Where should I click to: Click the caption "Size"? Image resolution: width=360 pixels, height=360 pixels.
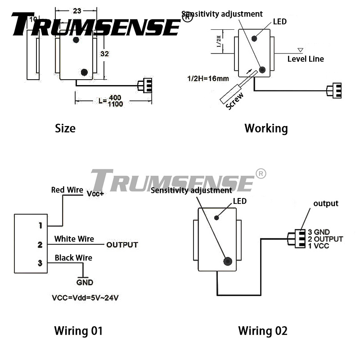(x=65, y=128)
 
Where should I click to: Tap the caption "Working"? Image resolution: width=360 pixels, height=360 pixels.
(x=266, y=128)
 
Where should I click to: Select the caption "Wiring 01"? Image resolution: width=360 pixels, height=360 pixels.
(x=78, y=331)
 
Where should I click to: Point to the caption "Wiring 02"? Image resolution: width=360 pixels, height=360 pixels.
(x=262, y=331)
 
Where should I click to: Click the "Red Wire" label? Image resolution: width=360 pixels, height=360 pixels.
(x=67, y=190)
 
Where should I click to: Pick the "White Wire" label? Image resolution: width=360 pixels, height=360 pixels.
(x=74, y=238)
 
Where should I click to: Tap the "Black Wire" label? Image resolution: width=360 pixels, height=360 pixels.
(x=73, y=258)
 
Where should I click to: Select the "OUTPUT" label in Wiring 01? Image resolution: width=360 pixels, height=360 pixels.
(x=122, y=245)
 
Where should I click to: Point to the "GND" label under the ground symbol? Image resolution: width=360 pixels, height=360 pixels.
(x=85, y=283)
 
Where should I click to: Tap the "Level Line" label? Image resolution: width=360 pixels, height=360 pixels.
(x=306, y=59)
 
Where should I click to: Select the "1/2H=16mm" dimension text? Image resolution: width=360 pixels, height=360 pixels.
(x=208, y=79)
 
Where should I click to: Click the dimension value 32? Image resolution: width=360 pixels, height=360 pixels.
(x=105, y=54)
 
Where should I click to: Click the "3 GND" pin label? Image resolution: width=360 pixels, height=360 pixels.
(x=319, y=232)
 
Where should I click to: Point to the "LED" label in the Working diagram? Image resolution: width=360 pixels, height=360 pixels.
(x=279, y=21)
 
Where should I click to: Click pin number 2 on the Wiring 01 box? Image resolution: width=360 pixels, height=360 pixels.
(x=40, y=245)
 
